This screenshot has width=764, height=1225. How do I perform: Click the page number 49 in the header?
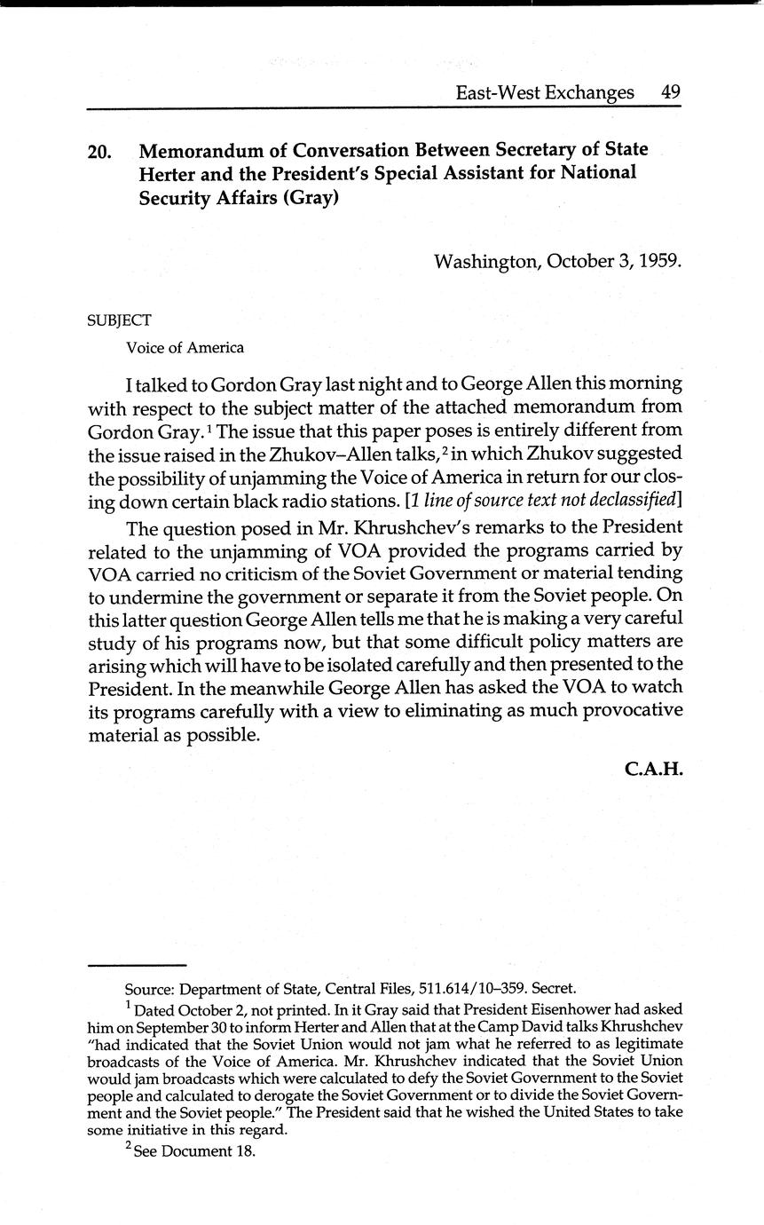(x=670, y=92)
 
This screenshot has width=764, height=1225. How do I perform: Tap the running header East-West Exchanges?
(x=545, y=92)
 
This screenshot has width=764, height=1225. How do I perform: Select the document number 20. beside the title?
(x=99, y=152)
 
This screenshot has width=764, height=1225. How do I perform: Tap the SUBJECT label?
(x=119, y=320)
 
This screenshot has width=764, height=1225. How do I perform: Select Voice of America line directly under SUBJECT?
(x=185, y=348)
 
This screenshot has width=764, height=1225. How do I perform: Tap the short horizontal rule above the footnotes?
(x=137, y=965)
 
